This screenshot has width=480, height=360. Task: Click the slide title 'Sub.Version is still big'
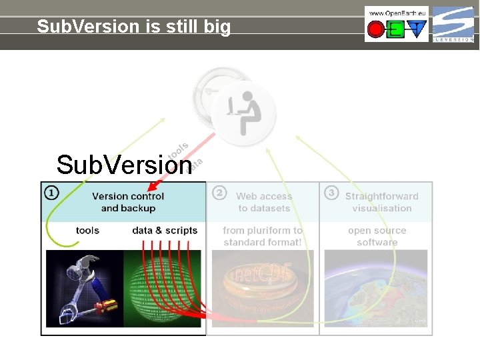pyautogui.click(x=133, y=27)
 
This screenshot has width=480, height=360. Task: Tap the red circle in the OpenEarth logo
pyautogui.click(x=375, y=29)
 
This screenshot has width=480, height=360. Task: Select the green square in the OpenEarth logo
pyautogui.click(x=396, y=29)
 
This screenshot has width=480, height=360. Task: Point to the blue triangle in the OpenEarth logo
pyautogui.click(x=417, y=29)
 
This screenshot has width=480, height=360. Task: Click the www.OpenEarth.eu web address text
pyautogui.click(x=396, y=13)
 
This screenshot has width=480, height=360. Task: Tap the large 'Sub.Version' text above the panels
pyautogui.click(x=124, y=165)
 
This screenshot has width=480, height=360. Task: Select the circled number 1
pyautogui.click(x=51, y=193)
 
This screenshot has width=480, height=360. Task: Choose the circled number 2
pyautogui.click(x=219, y=193)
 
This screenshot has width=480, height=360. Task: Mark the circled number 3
pyautogui.click(x=331, y=193)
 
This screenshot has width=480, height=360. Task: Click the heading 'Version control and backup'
pyautogui.click(x=128, y=202)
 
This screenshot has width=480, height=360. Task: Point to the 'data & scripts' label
pyautogui.click(x=165, y=231)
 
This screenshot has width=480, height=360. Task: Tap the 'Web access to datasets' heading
pyautogui.click(x=264, y=202)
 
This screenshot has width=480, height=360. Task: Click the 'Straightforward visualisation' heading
pyautogui.click(x=381, y=202)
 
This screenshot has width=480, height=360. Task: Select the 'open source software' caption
pyautogui.click(x=377, y=236)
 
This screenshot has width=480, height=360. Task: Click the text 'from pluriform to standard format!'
pyautogui.click(x=263, y=236)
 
